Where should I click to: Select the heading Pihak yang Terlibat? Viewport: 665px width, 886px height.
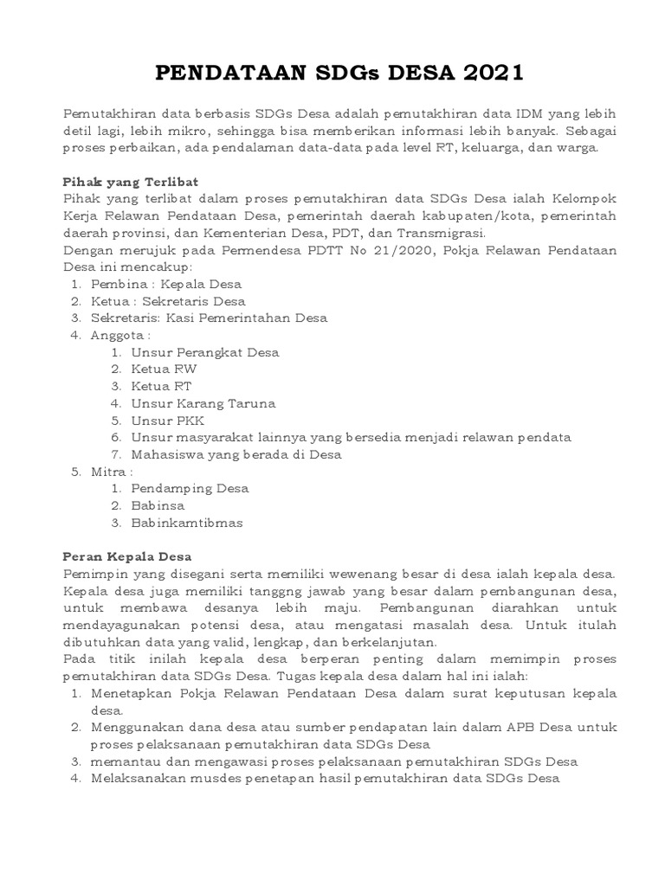131,182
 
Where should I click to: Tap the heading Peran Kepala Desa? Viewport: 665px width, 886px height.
127,556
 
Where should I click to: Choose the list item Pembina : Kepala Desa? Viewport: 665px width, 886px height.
166,284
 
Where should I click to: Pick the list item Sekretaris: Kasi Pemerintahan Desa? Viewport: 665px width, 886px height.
209,318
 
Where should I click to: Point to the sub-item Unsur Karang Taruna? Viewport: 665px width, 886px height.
203,403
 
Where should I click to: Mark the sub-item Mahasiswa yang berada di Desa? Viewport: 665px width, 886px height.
236,454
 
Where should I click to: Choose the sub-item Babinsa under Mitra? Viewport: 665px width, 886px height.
158,505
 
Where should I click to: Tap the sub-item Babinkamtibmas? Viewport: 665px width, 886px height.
187,523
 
